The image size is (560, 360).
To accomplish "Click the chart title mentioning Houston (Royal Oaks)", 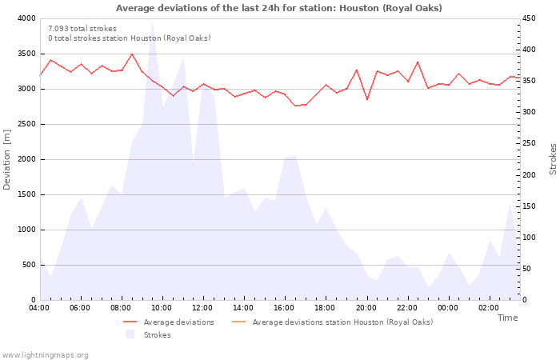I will coord(278,8).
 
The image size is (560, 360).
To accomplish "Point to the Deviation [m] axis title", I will coord(7,159).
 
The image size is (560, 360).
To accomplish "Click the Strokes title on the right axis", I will coord(553,159).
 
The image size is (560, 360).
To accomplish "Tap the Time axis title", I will coord(507,318).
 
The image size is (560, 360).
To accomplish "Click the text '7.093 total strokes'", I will coord(82,29).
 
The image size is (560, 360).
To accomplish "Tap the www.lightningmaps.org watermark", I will coord(46,354).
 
